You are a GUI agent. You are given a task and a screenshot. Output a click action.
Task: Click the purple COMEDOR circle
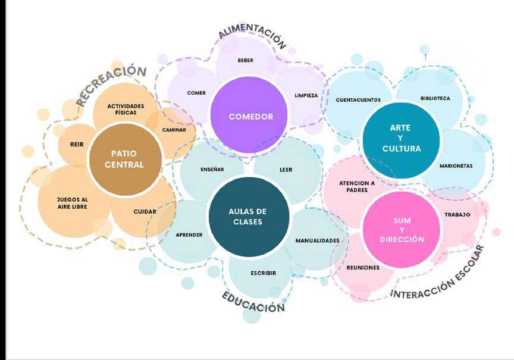[250, 117]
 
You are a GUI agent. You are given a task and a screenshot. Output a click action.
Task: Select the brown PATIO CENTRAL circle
[124, 159]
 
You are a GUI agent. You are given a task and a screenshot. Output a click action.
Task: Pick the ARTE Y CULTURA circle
[401, 139]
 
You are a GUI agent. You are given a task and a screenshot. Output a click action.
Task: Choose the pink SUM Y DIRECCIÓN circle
[402, 230]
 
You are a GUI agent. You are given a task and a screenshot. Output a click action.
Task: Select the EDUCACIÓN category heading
[253, 302]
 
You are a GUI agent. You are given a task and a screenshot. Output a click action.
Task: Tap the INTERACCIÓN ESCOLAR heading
[437, 273]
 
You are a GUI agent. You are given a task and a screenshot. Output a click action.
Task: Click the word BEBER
[246, 60]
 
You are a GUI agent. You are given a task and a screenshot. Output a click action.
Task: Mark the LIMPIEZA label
[306, 95]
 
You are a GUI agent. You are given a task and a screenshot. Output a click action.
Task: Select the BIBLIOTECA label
[435, 98]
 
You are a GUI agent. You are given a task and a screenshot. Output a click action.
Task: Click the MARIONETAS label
[456, 166]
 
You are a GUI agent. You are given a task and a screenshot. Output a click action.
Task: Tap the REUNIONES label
[363, 268]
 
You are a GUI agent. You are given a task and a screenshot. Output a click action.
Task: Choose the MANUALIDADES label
[317, 240]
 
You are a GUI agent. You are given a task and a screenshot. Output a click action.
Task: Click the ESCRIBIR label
[263, 273]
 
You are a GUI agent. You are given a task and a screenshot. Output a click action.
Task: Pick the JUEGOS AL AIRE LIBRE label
[72, 203]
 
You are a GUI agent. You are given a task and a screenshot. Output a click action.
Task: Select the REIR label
[77, 144]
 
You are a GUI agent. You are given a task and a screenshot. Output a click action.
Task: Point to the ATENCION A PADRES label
[357, 186]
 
